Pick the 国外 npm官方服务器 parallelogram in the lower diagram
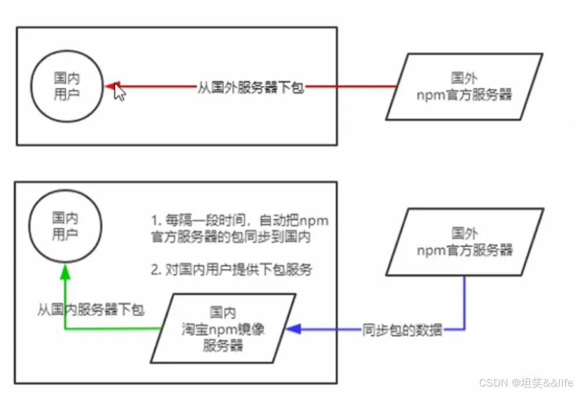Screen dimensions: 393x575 click(465, 242)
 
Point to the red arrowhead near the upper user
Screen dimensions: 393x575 click(111, 87)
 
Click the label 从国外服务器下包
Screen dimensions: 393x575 click(250, 89)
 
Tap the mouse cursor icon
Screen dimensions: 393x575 click(119, 93)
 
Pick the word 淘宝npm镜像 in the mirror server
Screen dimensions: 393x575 click(222, 329)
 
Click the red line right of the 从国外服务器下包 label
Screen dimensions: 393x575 click(351, 87)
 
